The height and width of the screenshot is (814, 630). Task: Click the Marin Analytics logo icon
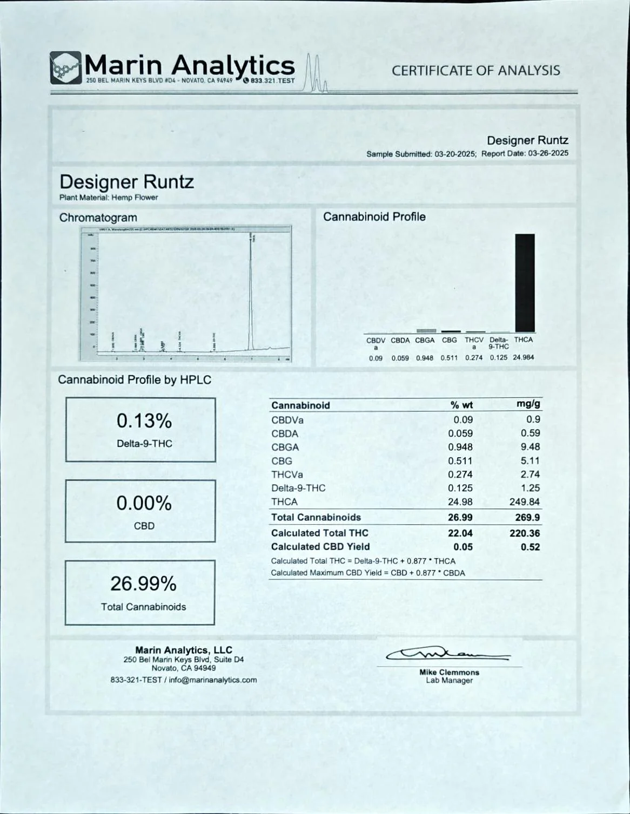pos(66,68)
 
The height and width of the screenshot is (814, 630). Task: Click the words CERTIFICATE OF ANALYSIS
pos(475,71)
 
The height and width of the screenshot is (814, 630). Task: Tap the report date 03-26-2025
pos(548,153)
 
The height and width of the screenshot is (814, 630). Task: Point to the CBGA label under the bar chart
pos(425,341)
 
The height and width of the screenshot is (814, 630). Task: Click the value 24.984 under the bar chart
pos(524,357)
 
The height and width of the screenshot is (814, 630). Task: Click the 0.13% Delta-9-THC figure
pos(144,421)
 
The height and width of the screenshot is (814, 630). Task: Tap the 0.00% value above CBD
pos(144,504)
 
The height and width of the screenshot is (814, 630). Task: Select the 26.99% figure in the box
pos(143,584)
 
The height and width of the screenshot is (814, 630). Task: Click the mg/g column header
pos(528,404)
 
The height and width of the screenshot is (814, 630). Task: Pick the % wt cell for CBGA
pos(460,447)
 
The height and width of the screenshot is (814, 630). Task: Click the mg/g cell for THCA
pos(525,502)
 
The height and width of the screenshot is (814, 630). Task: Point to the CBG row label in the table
pos(282,461)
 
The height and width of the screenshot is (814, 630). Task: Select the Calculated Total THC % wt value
pos(460,533)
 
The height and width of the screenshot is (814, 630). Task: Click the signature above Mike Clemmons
pos(448,655)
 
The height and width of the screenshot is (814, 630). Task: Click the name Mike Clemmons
pos(449,673)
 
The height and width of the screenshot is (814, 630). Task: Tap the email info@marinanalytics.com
pos(213,680)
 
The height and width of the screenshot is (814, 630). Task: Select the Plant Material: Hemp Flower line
pos(109,198)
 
